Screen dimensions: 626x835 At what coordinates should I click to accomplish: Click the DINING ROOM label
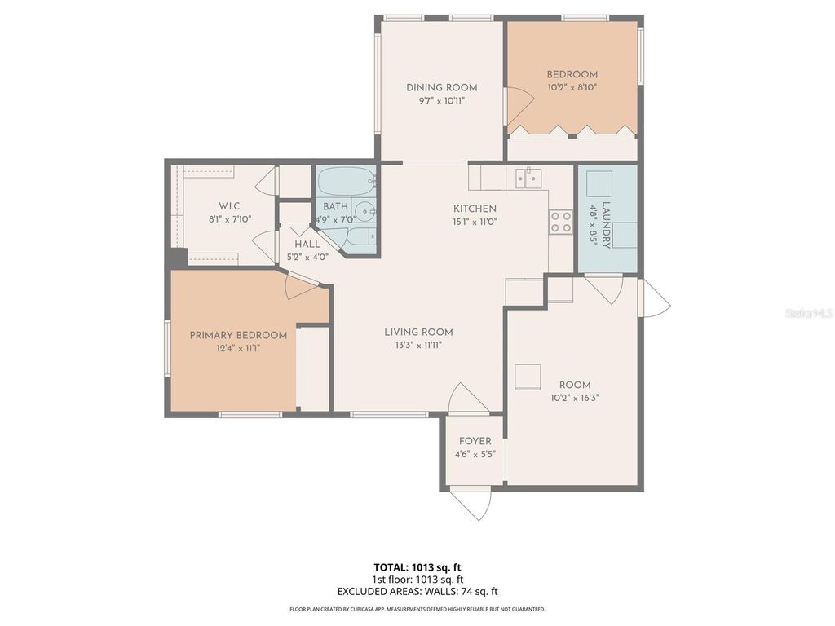click(442, 88)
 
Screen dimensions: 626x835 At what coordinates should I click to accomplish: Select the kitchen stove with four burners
click(560, 222)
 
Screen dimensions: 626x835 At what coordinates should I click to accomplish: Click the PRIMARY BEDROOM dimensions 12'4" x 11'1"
click(238, 348)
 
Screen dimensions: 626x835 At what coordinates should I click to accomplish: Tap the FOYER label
click(475, 442)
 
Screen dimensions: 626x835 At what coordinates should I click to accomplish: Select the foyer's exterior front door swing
click(471, 502)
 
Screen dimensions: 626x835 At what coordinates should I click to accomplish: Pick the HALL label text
click(307, 244)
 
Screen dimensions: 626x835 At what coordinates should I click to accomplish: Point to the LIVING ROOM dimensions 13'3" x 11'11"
click(418, 345)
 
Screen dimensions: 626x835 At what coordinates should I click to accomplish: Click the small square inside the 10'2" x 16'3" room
click(529, 374)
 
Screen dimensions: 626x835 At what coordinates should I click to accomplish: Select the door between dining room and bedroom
click(517, 104)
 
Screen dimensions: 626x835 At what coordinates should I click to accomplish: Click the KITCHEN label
click(475, 209)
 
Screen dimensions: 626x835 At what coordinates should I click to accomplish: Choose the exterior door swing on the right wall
click(655, 298)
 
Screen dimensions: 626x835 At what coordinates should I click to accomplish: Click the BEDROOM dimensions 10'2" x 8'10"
click(572, 87)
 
